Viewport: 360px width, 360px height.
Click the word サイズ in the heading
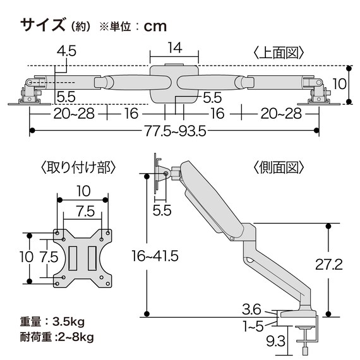tap(42, 26)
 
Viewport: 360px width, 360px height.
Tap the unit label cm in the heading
tap(154, 27)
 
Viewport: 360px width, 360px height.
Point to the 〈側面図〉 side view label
tap(280, 167)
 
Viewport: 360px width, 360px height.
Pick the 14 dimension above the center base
tap(175, 48)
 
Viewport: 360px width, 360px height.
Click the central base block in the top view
tap(174, 83)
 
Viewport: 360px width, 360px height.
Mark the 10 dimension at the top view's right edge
tap(340, 83)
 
